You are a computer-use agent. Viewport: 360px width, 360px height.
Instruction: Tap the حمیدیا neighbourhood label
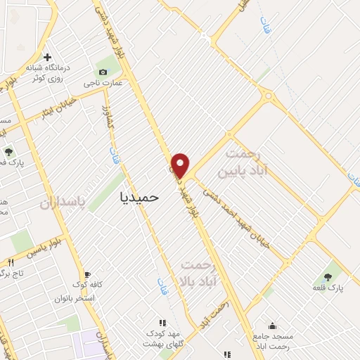coord(136,198)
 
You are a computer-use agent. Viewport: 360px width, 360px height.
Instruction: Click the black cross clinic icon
coord(47,57)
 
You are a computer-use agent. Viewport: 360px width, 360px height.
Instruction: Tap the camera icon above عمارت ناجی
coord(103,72)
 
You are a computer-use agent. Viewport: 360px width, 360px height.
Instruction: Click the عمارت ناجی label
coord(103,83)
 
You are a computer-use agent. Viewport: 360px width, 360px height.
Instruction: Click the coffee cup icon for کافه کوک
coord(87,274)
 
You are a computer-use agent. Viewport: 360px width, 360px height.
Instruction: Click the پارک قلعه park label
coord(328,288)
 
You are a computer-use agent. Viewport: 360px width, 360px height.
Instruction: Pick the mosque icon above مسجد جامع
coord(271,326)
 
